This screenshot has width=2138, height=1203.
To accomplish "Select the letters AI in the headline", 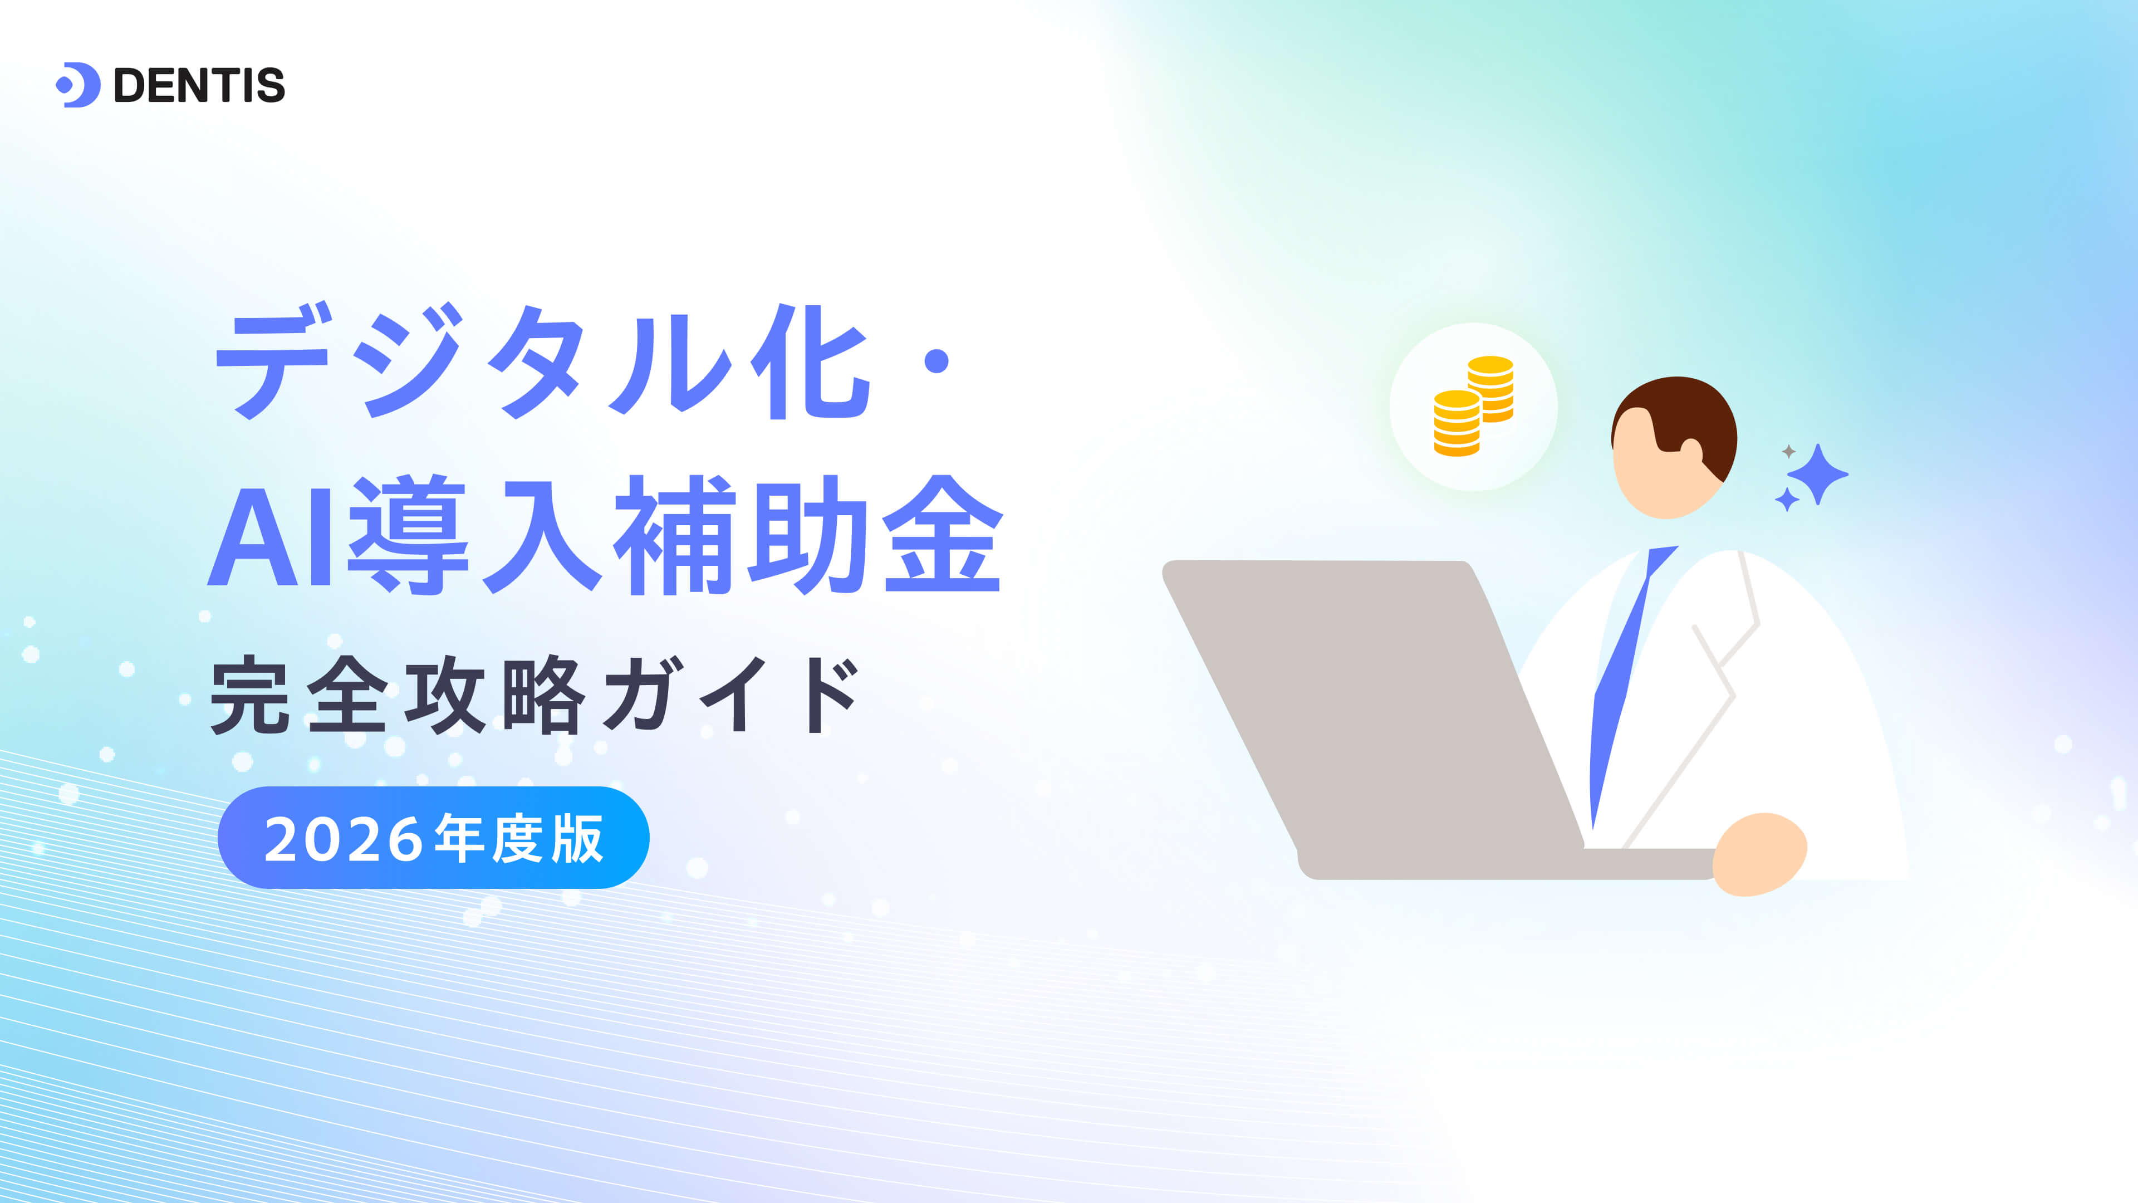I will tap(269, 535).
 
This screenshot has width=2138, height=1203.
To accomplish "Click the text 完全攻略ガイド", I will tap(535, 695).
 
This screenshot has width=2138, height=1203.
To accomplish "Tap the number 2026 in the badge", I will tap(345, 839).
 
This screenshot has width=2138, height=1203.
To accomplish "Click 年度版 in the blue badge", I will tap(519, 839).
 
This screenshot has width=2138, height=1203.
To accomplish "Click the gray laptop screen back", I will tap(1370, 706).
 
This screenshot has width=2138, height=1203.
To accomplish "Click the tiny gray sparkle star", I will tap(1788, 451).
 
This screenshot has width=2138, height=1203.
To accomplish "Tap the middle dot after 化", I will tap(936, 361).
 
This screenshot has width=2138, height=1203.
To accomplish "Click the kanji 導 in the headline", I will tap(408, 535).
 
